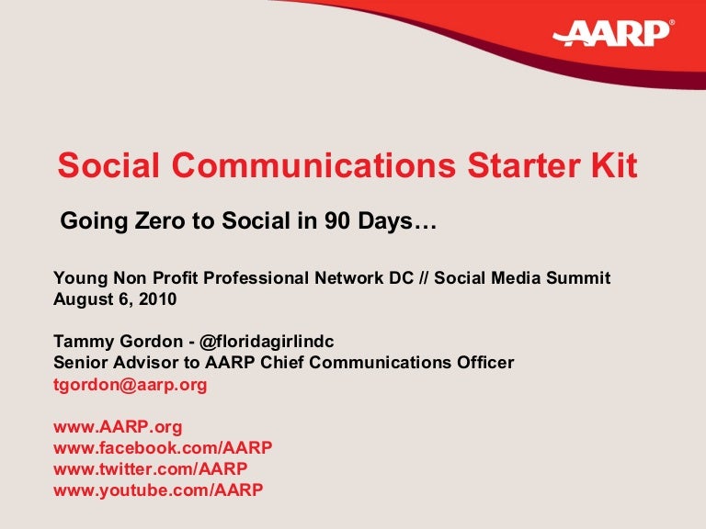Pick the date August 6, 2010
click(115, 299)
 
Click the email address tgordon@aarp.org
click(131, 385)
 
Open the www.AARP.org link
click(118, 427)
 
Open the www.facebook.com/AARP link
click(163, 448)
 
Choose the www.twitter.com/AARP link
click(151, 468)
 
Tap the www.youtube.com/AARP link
click(158, 490)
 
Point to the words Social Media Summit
click(521, 278)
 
